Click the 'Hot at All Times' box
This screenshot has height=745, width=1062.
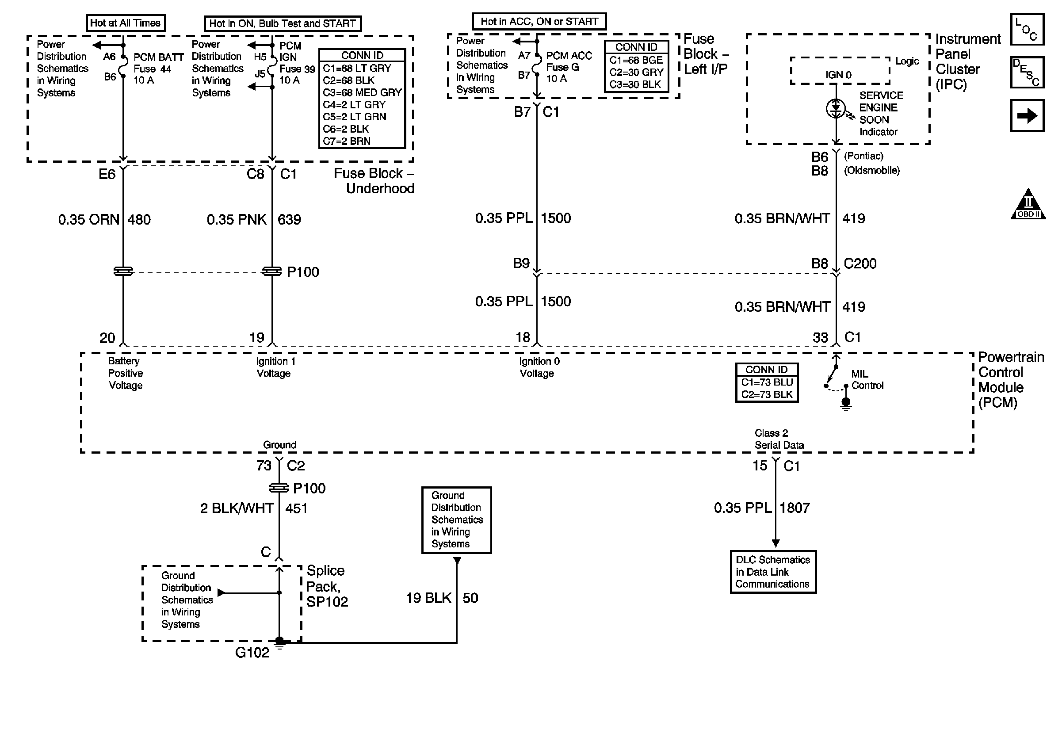[126, 23]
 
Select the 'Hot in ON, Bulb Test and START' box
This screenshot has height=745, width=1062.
[283, 23]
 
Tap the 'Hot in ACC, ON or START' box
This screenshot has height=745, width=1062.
[539, 21]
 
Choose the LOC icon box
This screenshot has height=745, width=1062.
[1027, 29]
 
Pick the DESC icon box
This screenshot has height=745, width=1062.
[1027, 72]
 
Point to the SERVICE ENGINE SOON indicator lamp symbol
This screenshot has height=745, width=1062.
[836, 109]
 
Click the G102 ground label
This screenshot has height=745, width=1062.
[252, 653]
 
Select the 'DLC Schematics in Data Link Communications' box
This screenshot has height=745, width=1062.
[773, 572]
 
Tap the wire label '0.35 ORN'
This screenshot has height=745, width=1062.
[89, 219]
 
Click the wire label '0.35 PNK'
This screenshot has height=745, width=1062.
[237, 219]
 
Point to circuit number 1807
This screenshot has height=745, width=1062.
[795, 508]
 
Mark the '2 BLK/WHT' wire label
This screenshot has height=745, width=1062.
[237, 508]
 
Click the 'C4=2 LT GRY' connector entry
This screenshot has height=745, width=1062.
[354, 104]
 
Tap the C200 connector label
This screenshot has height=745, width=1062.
[860, 264]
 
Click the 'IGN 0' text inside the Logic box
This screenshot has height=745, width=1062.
[839, 74]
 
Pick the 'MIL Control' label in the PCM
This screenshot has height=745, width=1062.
[867, 380]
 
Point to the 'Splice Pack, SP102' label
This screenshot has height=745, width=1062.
[327, 586]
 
